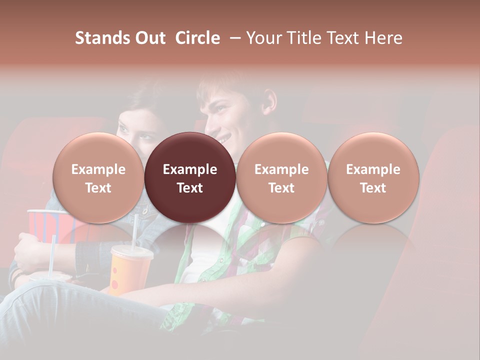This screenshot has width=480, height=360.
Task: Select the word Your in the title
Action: [x=263, y=38]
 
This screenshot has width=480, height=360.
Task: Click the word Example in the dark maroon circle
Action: [x=190, y=169]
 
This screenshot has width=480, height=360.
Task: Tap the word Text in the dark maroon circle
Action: [x=190, y=188]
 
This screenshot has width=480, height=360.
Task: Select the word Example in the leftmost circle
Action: [x=98, y=169]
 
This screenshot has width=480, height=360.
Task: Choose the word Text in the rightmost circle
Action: [x=373, y=188]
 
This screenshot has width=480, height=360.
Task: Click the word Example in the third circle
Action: [x=281, y=169]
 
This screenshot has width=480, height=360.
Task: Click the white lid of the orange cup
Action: [x=131, y=251]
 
